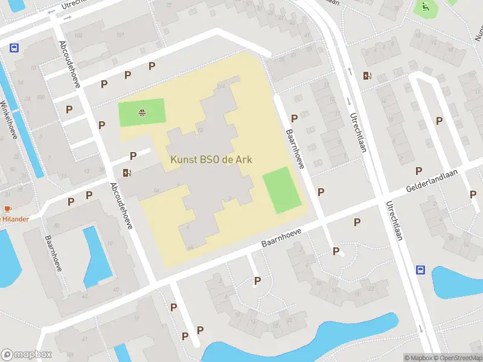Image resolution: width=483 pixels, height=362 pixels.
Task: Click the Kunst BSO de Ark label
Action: point(211,160)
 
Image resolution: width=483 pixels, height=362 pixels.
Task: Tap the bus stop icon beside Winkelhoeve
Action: point(14,48)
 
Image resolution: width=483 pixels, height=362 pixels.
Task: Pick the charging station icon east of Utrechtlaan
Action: point(366,75)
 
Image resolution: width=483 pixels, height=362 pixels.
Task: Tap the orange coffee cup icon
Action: point(8,209)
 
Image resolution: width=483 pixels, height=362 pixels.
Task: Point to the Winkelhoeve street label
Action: point(8,121)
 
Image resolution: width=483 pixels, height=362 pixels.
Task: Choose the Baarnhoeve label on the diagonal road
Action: point(281,235)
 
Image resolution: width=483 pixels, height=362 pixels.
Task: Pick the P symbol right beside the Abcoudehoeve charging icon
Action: point(133,156)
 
